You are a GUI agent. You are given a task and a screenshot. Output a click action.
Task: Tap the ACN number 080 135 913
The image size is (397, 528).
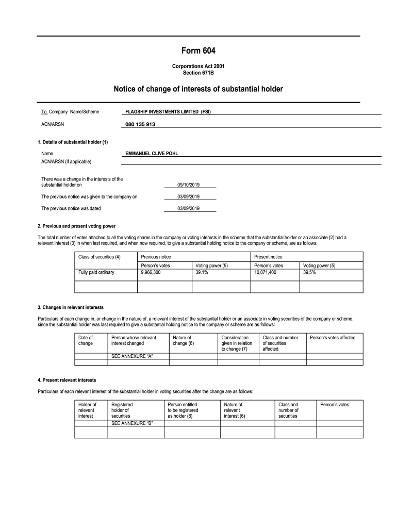[x=140, y=124]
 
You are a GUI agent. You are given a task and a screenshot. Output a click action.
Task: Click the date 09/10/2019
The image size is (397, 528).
[x=188, y=184]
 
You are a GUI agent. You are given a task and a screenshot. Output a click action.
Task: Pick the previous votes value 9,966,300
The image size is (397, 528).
[x=151, y=272]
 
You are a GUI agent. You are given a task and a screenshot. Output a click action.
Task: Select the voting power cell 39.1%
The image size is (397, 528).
[x=202, y=272]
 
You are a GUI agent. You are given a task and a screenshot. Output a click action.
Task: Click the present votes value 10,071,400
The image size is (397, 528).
[x=266, y=272]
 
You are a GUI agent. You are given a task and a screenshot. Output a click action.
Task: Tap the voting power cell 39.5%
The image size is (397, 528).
[x=309, y=272]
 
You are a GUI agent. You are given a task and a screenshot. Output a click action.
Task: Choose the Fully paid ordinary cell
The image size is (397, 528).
[x=96, y=272]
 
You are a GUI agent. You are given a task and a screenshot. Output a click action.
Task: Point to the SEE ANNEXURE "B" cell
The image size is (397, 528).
[x=133, y=423]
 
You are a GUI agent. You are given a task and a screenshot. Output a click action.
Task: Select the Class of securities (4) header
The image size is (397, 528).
[x=99, y=257]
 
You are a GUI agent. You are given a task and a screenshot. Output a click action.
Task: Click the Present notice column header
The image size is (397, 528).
[x=269, y=257]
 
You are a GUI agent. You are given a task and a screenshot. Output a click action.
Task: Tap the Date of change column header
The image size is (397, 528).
[x=86, y=340]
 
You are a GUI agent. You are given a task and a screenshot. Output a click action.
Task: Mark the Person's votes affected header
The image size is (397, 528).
[x=333, y=338]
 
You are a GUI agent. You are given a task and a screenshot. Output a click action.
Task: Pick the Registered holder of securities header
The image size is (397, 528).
[x=122, y=410]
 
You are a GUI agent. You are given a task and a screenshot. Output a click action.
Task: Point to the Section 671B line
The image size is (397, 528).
[x=198, y=73]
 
